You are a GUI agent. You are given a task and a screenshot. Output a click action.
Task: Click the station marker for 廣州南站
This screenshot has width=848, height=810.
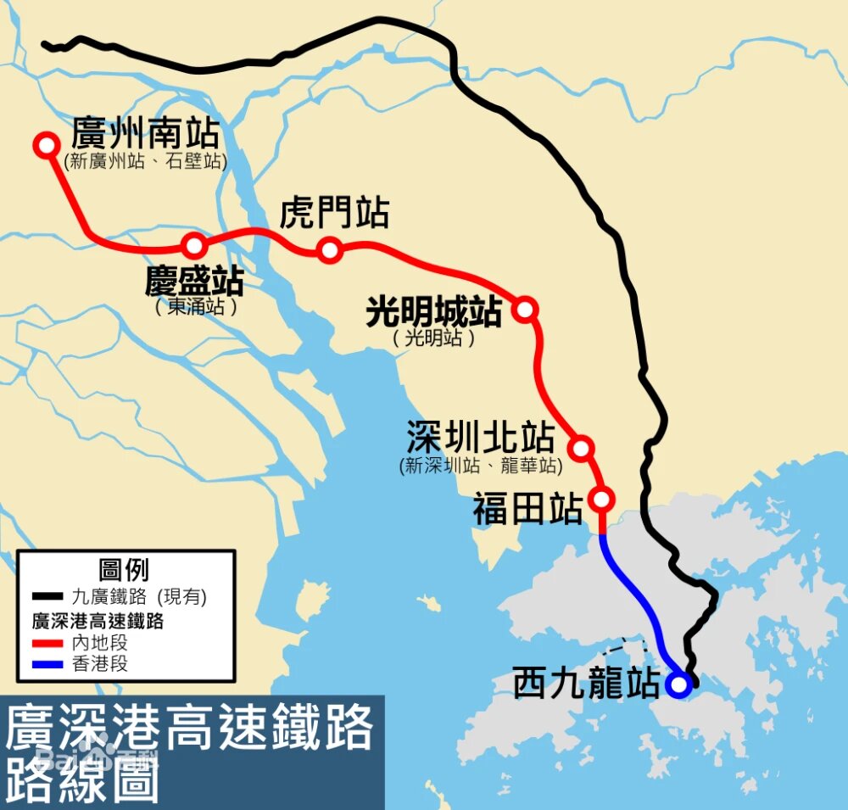pyautogui.click(x=46, y=144)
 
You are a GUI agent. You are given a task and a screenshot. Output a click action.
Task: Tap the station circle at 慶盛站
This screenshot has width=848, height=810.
pyautogui.click(x=194, y=246)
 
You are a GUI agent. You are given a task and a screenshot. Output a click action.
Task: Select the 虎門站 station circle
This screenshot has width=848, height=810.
pyautogui.click(x=330, y=249)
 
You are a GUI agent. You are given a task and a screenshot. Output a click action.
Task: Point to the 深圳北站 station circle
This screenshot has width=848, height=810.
pyautogui.click(x=581, y=447)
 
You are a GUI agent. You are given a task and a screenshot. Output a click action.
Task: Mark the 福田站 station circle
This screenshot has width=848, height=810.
pyautogui.click(x=602, y=499)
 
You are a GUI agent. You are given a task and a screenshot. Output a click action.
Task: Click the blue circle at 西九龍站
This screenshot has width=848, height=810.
pyautogui.click(x=677, y=684)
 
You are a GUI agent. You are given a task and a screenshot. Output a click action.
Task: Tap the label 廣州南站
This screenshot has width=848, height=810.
pyautogui.click(x=145, y=134)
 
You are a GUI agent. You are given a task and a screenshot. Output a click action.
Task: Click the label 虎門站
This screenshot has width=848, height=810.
pyautogui.click(x=334, y=213)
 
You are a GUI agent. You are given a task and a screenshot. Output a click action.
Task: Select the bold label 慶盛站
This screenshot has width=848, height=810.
pyautogui.click(x=194, y=281)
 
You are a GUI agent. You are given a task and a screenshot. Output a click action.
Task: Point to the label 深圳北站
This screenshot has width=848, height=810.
pyautogui.click(x=480, y=439)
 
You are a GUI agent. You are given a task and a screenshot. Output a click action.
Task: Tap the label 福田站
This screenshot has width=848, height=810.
pyautogui.click(x=527, y=511)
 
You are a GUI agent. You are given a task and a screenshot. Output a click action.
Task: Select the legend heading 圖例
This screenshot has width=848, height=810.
pyautogui.click(x=124, y=569)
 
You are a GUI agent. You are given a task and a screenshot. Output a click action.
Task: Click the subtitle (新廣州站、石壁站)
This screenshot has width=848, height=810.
pyautogui.click(x=145, y=161)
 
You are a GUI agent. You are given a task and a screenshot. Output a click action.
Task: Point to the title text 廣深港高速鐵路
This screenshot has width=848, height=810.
pyautogui.click(x=190, y=727)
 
